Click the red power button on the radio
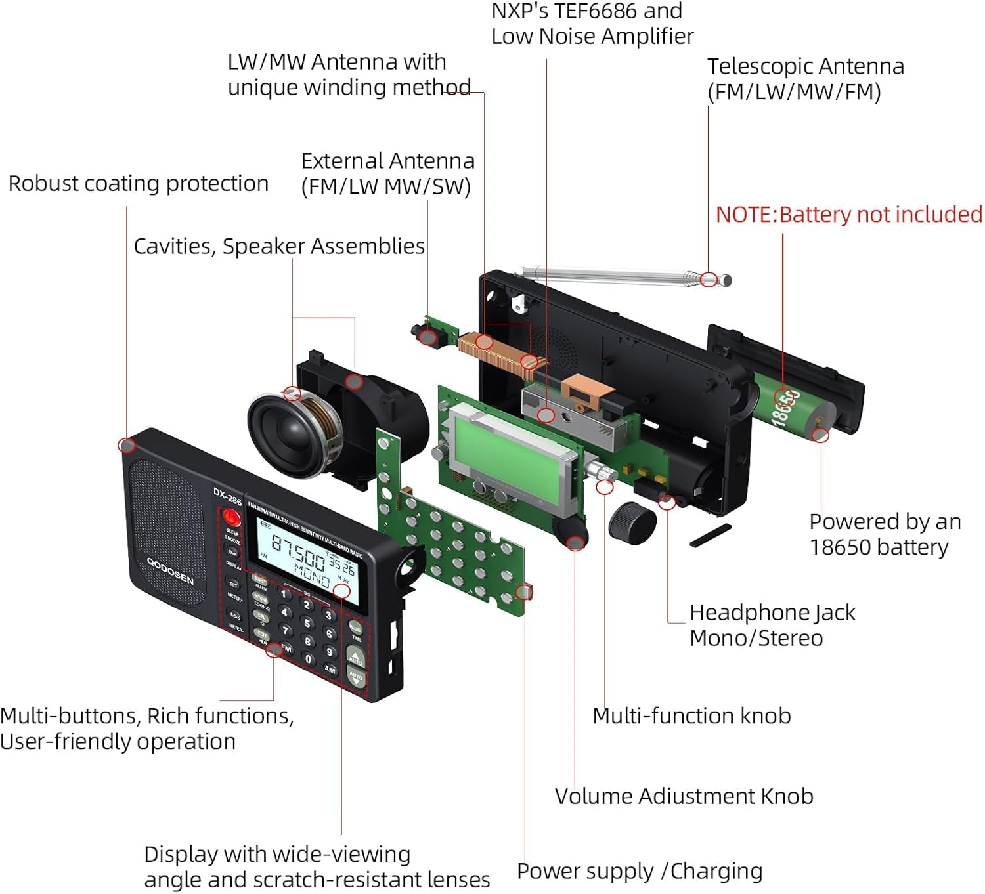[230, 517]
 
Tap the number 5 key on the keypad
[307, 622]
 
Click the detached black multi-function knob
[632, 523]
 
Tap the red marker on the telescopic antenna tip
[708, 280]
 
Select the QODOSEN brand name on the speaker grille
[170, 571]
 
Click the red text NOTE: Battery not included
[848, 215]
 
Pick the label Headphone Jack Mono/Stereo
[772, 625]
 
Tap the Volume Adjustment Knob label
[684, 796]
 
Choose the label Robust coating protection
[138, 184]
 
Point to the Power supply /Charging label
[640, 871]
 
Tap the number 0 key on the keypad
[309, 659]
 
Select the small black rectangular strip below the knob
[711, 536]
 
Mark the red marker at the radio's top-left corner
[127, 446]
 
